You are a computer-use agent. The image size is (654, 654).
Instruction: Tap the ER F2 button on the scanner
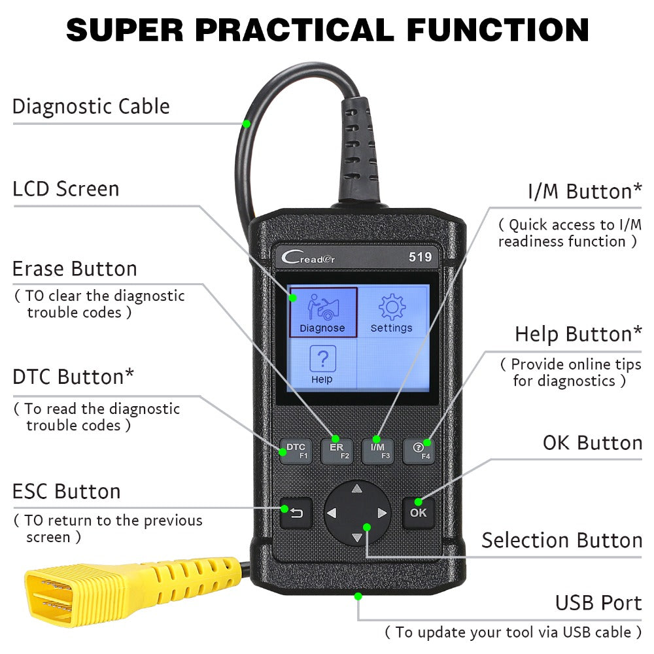click(336, 450)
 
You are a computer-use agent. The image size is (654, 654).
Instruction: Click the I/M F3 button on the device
click(377, 450)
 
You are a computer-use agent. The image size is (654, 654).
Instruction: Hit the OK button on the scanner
click(418, 512)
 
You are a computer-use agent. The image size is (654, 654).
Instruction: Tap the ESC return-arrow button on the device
click(296, 513)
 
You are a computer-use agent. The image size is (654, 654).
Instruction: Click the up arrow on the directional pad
click(356, 489)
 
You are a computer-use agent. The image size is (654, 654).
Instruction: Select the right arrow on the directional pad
click(383, 513)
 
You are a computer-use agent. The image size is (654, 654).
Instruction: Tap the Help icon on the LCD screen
click(322, 365)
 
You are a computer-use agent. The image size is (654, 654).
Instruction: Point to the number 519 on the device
click(420, 257)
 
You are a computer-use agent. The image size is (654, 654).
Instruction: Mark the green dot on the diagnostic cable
click(247, 123)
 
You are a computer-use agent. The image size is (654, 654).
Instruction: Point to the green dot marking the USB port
click(358, 596)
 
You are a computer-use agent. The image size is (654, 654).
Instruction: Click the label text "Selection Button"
click(561, 540)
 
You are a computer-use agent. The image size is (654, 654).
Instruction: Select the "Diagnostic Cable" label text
click(91, 107)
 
